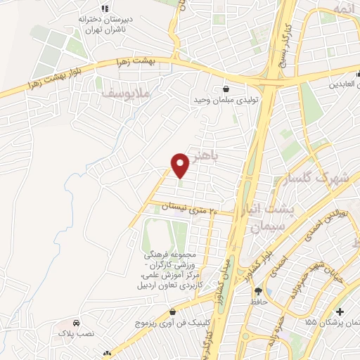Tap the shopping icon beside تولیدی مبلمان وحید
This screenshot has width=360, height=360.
226,89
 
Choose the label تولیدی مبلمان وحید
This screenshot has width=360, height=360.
226,101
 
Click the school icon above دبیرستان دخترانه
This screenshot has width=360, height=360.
104,8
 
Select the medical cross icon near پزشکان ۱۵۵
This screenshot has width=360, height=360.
340,311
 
